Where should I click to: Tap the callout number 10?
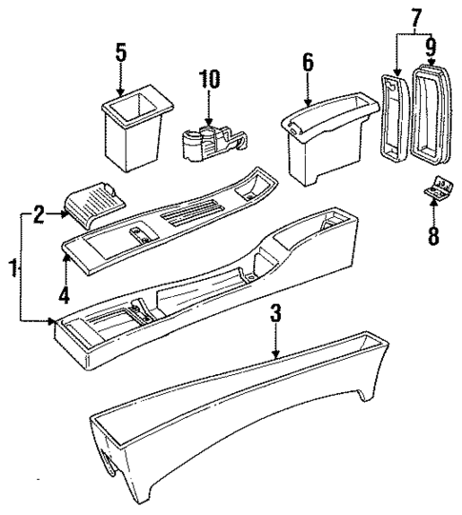coord(210,79)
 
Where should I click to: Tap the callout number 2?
coord(38,214)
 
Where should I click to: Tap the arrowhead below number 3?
coord(274,354)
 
